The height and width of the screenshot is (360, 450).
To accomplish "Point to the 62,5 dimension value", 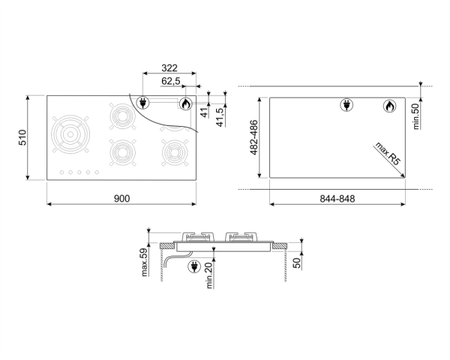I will click(171, 82).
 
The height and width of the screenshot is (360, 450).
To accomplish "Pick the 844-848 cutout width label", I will click(337, 199).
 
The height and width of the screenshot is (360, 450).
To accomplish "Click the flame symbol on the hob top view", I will click(185, 103).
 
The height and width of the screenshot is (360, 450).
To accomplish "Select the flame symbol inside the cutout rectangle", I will click(388, 106).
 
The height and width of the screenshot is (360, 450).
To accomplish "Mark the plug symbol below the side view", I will click(191, 265).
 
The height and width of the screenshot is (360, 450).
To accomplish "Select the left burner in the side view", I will click(195, 239).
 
